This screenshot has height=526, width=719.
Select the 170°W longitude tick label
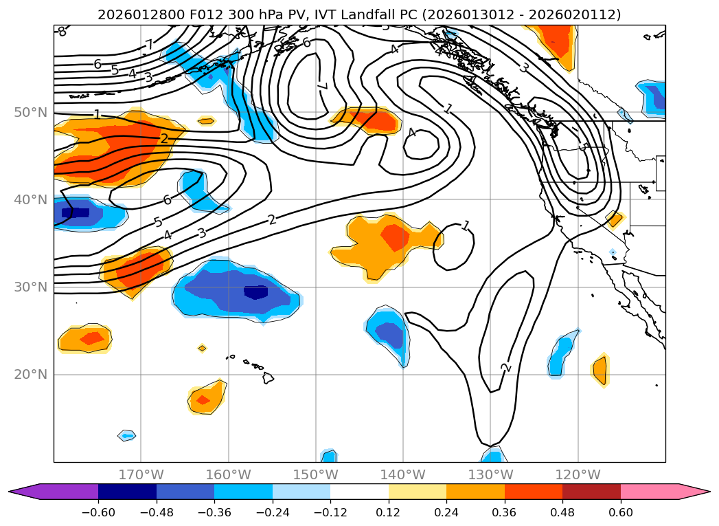point(141,474)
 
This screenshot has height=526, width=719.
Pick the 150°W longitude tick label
point(315,474)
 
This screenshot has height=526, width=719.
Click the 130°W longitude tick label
point(490,474)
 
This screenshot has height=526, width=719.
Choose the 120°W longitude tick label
point(578,474)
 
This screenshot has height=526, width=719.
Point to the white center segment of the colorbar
point(359,492)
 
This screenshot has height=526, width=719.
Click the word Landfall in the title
point(362,14)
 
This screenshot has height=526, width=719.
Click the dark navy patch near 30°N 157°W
point(256,292)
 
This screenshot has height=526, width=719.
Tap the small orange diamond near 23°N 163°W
point(202,349)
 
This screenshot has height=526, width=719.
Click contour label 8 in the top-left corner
point(62,32)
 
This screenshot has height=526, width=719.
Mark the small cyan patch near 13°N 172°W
point(126,435)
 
